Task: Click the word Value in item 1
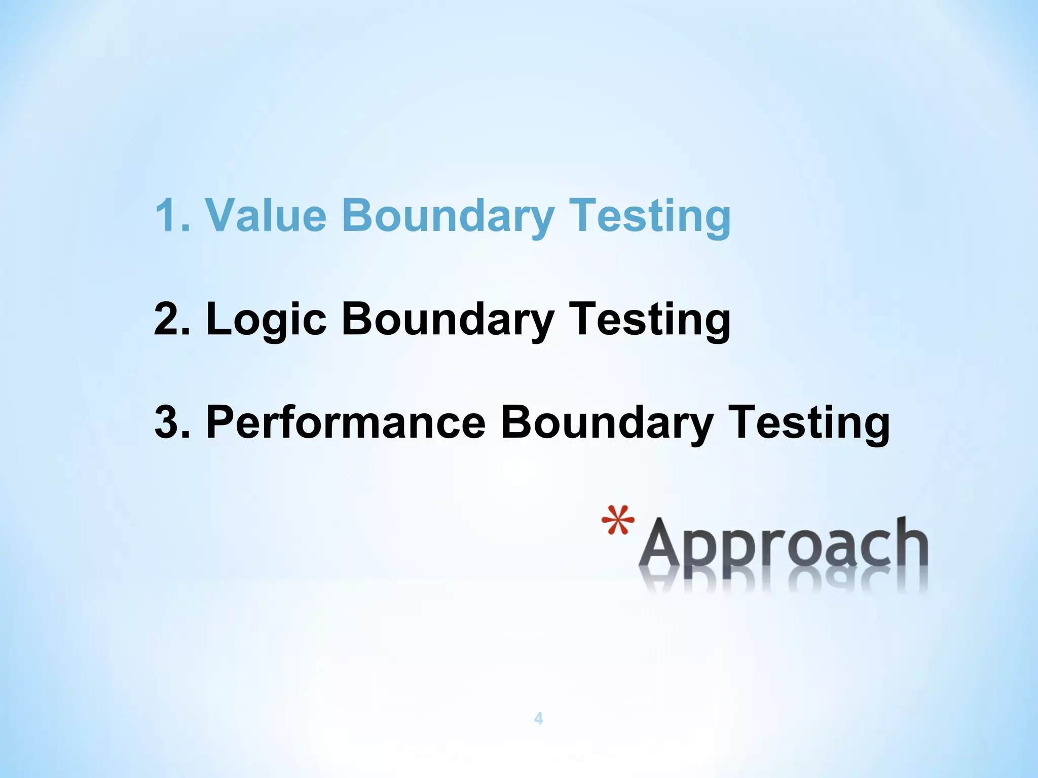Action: click(x=266, y=215)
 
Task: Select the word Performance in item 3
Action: click(x=346, y=422)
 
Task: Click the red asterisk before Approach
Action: click(x=618, y=521)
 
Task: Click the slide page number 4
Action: click(x=538, y=718)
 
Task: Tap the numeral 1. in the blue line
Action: click(x=172, y=215)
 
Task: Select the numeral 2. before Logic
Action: click(x=172, y=319)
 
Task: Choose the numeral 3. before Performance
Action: click(x=172, y=422)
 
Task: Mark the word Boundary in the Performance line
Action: click(x=607, y=423)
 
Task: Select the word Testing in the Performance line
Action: click(x=809, y=423)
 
